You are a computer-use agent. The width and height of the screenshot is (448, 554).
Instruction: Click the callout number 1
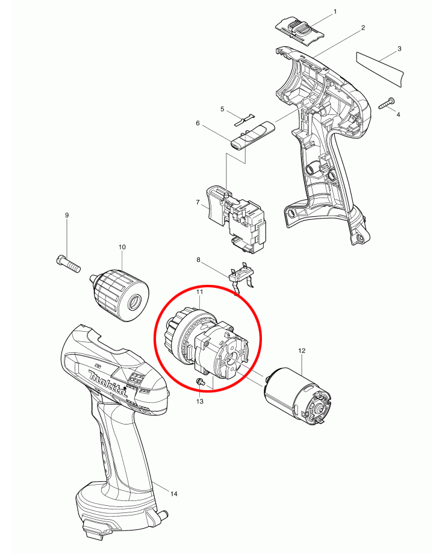click(x=335, y=12)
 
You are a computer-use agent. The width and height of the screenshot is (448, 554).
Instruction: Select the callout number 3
click(x=399, y=49)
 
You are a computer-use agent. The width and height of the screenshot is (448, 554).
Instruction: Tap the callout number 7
click(x=198, y=202)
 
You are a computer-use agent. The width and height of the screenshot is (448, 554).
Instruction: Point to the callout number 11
click(x=200, y=292)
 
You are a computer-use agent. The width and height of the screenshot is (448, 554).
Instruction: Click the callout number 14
click(x=174, y=494)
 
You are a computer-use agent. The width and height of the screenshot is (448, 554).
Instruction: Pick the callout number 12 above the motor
click(x=301, y=350)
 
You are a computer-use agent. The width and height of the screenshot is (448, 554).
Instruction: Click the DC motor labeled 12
click(x=299, y=396)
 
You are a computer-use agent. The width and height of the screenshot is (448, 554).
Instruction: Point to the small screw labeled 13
click(x=201, y=382)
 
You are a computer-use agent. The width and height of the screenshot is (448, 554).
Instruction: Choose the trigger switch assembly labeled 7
click(x=236, y=220)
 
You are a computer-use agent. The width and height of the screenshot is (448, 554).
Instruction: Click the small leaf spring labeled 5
click(x=245, y=119)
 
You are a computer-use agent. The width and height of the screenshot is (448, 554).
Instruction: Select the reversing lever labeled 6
click(x=254, y=136)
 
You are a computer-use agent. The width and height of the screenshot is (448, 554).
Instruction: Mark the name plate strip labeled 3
click(x=380, y=69)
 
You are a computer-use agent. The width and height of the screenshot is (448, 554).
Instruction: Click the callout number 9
click(x=66, y=215)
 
